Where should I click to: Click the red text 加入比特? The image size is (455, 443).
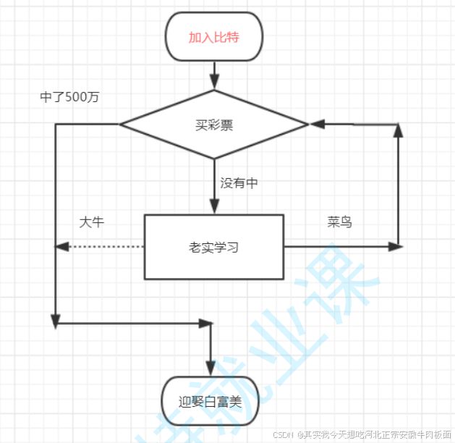click(214, 37)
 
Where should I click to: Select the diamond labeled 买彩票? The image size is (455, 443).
click(214, 125)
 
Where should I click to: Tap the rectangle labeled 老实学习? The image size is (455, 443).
click(214, 247)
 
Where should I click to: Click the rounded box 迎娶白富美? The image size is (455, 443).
click(211, 401)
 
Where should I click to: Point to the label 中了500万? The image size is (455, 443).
click(69, 98)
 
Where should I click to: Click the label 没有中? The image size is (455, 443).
click(239, 183)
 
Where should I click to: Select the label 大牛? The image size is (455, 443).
click(92, 222)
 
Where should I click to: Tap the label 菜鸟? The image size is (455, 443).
click(339, 222)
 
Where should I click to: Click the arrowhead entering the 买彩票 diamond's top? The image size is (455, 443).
click(214, 83)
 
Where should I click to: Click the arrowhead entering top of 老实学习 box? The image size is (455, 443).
click(214, 207)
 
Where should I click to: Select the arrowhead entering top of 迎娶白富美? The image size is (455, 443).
click(211, 369)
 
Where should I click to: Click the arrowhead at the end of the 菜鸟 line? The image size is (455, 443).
click(394, 247)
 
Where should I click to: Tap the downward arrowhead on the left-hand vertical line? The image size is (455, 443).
click(55, 321)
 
